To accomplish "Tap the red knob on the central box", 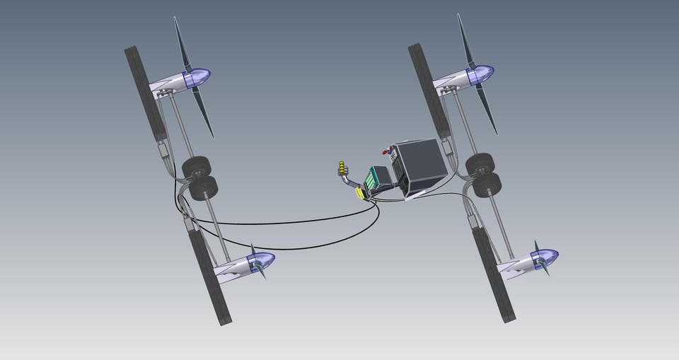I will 387,150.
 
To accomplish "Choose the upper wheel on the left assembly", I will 197,168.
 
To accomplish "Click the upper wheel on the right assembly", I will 480,164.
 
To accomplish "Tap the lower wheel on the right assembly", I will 488,184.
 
